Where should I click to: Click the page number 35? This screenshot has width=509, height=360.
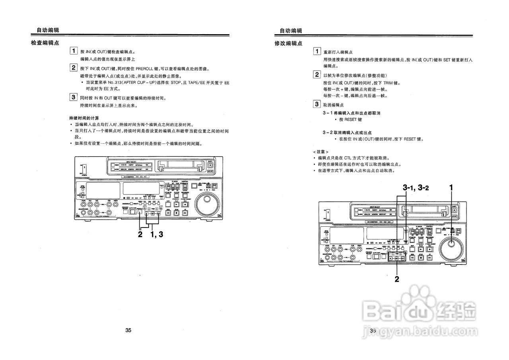[x=128, y=330]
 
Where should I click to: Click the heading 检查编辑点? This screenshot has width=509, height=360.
[x=45, y=43]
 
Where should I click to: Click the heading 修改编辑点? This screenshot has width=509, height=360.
[x=288, y=43]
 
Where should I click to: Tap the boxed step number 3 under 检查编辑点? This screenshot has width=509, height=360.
[x=73, y=97]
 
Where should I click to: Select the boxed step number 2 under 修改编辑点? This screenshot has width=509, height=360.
[x=317, y=74]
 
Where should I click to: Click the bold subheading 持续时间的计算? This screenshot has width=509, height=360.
[x=84, y=118]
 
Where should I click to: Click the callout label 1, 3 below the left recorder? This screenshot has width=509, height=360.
[x=157, y=234]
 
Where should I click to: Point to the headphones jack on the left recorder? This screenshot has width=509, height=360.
[x=84, y=213]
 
